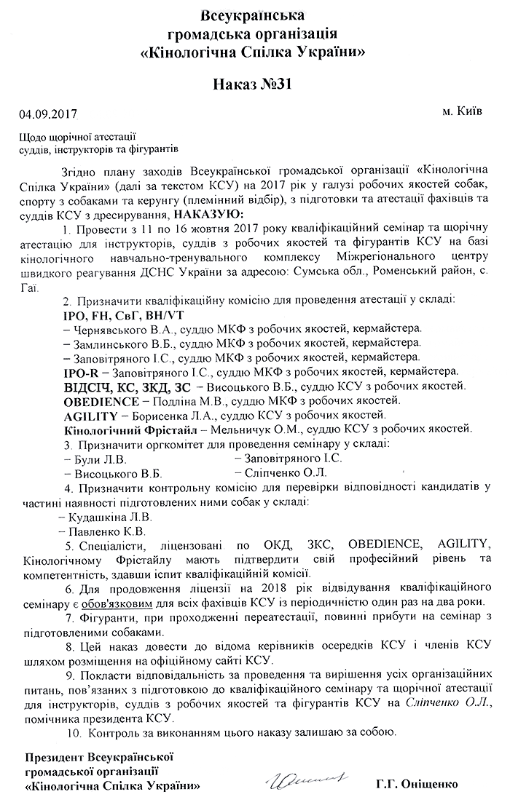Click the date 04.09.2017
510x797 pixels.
pyautogui.click(x=47, y=114)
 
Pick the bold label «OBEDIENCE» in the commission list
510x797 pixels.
pyautogui.click(x=101, y=400)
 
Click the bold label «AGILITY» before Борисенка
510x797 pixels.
pyautogui.click(x=90, y=415)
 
